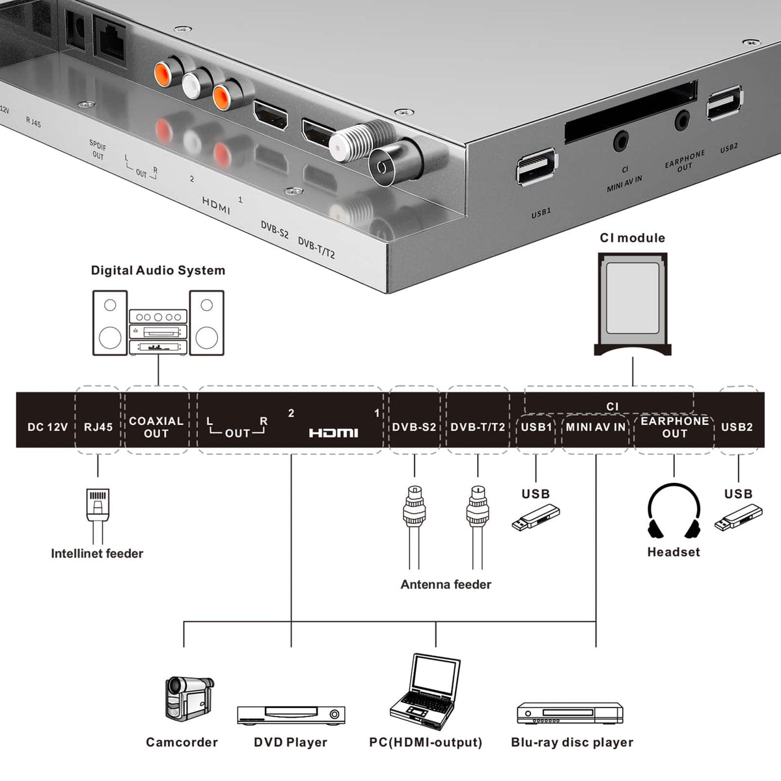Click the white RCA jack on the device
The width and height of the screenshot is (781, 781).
[192, 85]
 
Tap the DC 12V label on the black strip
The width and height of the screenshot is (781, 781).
[48, 427]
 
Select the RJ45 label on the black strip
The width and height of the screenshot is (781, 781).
[98, 427]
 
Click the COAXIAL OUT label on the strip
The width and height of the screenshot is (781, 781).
[156, 427]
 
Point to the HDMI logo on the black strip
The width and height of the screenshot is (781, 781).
[333, 433]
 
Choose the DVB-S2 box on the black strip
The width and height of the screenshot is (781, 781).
[414, 420]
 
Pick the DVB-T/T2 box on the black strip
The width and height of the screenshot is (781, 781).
[478, 420]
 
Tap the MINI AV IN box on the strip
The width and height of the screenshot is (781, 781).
[596, 433]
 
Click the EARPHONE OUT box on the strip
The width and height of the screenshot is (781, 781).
[674, 433]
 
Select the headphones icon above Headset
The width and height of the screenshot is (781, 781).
[674, 512]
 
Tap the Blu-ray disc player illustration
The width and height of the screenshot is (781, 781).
[570, 713]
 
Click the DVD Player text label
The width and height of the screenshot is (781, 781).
[290, 743]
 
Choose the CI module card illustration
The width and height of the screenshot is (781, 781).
[633, 305]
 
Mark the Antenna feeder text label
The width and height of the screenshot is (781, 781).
[446, 584]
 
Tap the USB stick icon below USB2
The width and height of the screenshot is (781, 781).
[738, 517]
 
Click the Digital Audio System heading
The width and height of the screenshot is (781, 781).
[158, 270]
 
